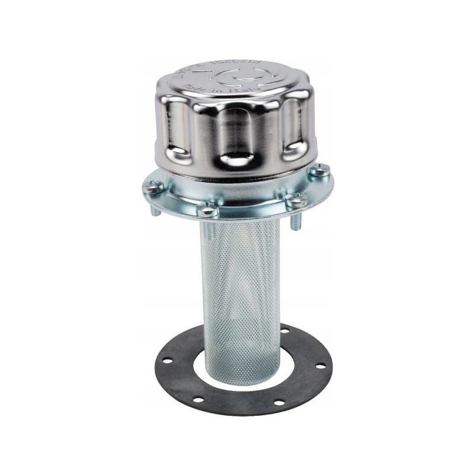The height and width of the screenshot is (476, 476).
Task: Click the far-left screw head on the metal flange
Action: point(154,187)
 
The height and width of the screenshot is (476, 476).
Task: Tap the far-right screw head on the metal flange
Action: point(319,171)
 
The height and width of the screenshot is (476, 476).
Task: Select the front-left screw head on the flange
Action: point(208,208)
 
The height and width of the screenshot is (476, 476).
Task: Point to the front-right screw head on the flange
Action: point(296,201)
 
